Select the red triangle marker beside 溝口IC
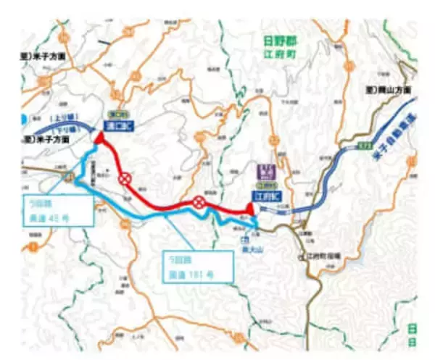pos(99,135)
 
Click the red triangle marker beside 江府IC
pos(249,209)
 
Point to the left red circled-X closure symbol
pos(125,177)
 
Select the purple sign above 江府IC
pos(265,171)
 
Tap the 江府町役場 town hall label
pos(322,256)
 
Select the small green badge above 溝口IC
pos(114,113)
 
